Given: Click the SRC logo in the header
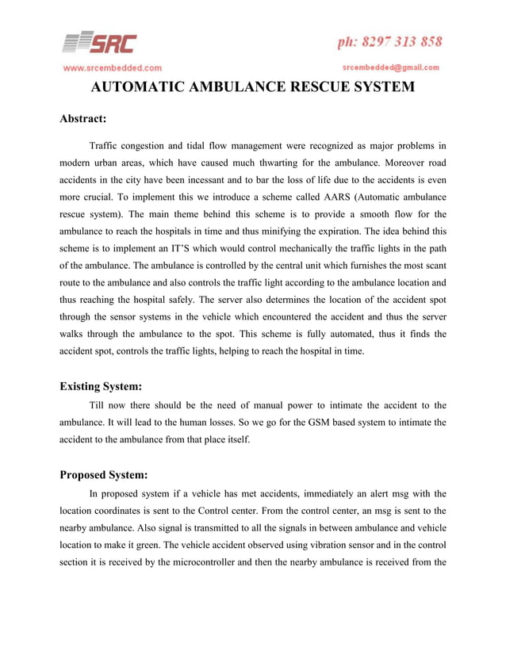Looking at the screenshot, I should coord(99,42).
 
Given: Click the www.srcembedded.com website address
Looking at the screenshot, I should coord(113,67).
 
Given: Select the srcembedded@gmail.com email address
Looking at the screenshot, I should coord(391,67).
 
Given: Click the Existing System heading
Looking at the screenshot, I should coord(101,387).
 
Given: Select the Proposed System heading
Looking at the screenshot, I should coord(104,475).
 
